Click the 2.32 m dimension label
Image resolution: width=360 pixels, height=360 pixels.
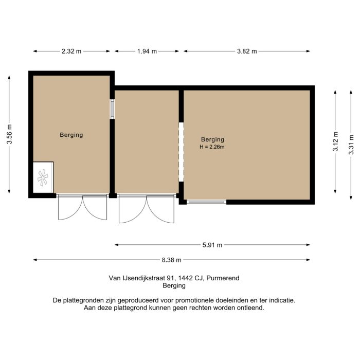click(71, 51)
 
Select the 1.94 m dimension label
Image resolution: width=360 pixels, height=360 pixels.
click(147, 51)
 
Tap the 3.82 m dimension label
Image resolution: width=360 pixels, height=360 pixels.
click(246, 51)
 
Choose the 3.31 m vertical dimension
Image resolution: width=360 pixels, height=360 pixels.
click(352, 144)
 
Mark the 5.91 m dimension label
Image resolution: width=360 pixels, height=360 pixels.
click(212, 245)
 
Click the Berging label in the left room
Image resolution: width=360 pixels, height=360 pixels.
click(71, 135)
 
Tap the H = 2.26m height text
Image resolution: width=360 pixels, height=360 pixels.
click(212, 147)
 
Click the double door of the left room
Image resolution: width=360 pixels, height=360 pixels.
click(82, 207)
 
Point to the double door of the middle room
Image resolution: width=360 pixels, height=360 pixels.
click(147, 208)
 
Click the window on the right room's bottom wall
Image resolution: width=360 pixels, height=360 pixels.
click(207, 202)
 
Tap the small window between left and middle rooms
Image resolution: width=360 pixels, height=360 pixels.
click(112, 109)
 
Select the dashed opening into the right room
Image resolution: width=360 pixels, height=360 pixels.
click(181, 152)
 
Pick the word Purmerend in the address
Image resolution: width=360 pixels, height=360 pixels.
click(223, 278)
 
